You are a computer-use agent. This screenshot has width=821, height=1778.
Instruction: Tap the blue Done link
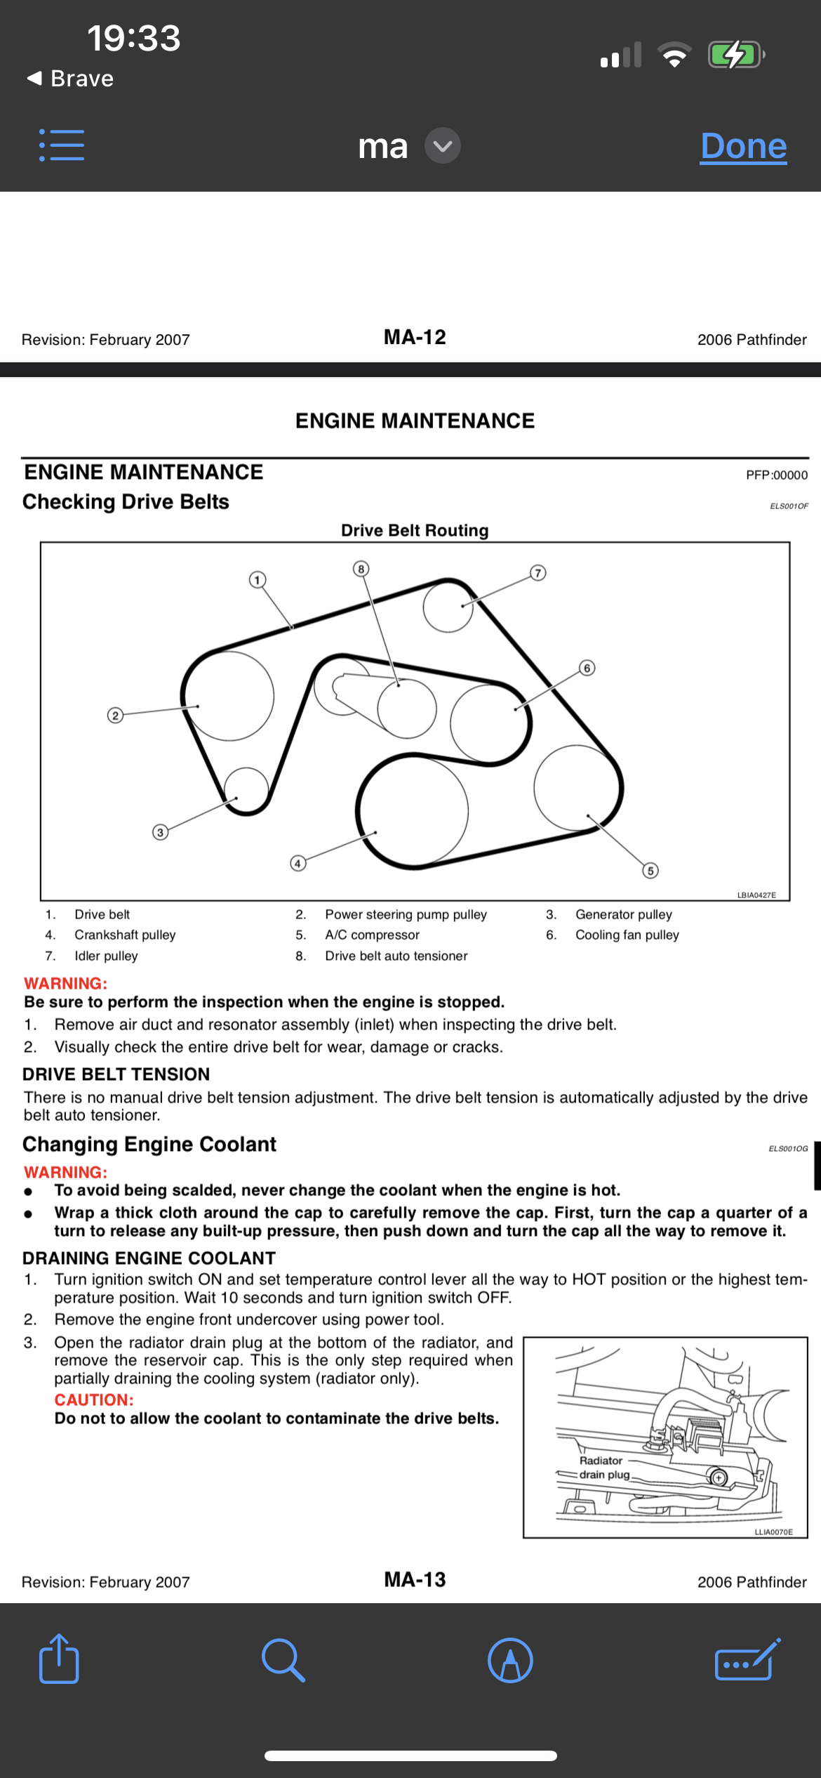[x=743, y=146]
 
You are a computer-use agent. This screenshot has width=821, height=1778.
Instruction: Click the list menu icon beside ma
[x=62, y=145]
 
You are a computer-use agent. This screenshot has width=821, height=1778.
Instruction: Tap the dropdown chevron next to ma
[x=443, y=145]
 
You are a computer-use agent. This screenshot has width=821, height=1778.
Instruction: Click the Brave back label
[x=71, y=79]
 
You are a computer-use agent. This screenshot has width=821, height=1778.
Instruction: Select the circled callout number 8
[x=361, y=569]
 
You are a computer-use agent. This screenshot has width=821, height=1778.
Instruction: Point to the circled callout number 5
[x=650, y=871]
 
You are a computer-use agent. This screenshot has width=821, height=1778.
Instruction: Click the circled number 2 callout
[x=115, y=716]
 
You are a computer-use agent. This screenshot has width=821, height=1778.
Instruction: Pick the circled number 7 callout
[x=538, y=573]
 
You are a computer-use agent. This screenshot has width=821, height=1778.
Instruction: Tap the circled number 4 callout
[x=298, y=863]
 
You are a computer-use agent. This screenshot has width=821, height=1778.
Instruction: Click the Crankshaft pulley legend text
[x=125, y=935]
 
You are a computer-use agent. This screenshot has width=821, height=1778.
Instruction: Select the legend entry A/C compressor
[x=372, y=935]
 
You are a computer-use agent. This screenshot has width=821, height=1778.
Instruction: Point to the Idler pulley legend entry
[x=106, y=956]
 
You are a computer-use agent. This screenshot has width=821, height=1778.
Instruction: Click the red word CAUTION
[x=94, y=1400]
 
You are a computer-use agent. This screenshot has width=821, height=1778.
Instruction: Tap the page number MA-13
[x=415, y=1579]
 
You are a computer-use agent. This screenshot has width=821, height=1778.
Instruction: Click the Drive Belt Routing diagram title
[x=415, y=530]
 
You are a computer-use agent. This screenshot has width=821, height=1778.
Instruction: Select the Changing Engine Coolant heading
[x=149, y=1144]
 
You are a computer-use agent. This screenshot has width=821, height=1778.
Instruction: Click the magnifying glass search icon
[x=283, y=1660]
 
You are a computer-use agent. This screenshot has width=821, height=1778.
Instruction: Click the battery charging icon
[x=735, y=55]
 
